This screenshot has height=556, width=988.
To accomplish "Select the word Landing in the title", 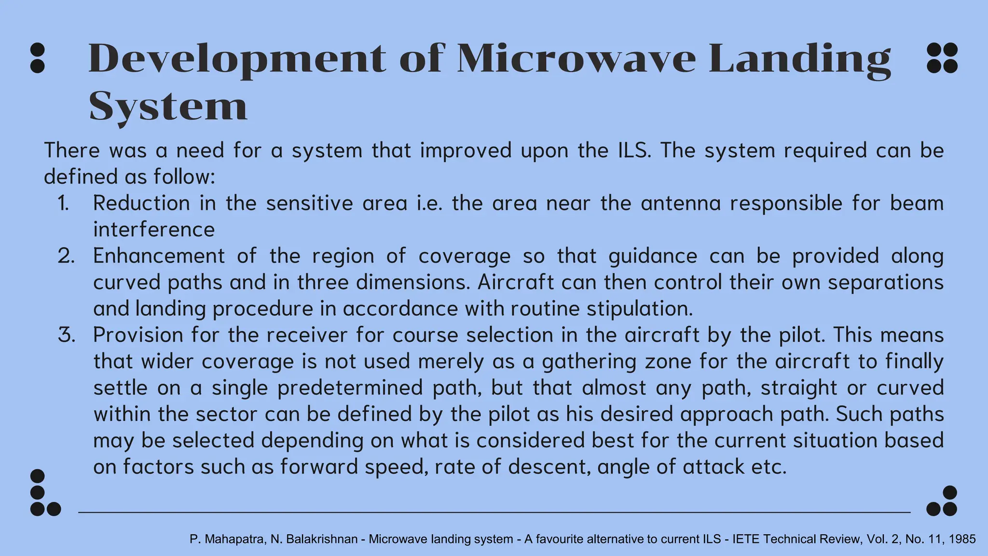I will click(x=799, y=59).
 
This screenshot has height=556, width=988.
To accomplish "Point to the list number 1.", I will click(x=63, y=203).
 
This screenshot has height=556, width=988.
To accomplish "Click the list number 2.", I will click(x=66, y=256).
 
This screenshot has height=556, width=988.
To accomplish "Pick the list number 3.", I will click(x=67, y=335).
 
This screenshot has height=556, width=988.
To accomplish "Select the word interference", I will click(x=154, y=229).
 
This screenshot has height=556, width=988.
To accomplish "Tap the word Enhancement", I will click(x=159, y=256).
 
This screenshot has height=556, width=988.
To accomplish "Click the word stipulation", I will click(x=640, y=309).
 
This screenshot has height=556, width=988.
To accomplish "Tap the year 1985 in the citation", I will click(x=961, y=539).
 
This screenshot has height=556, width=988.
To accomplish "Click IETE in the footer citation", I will click(x=745, y=539).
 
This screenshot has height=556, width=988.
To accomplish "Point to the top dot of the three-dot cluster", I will click(x=949, y=493).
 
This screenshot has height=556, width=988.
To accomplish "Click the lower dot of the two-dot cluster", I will click(x=37, y=66).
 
